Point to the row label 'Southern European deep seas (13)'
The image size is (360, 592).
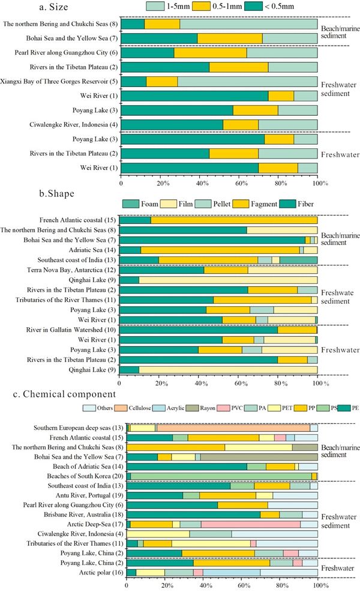[x=73, y=427]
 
